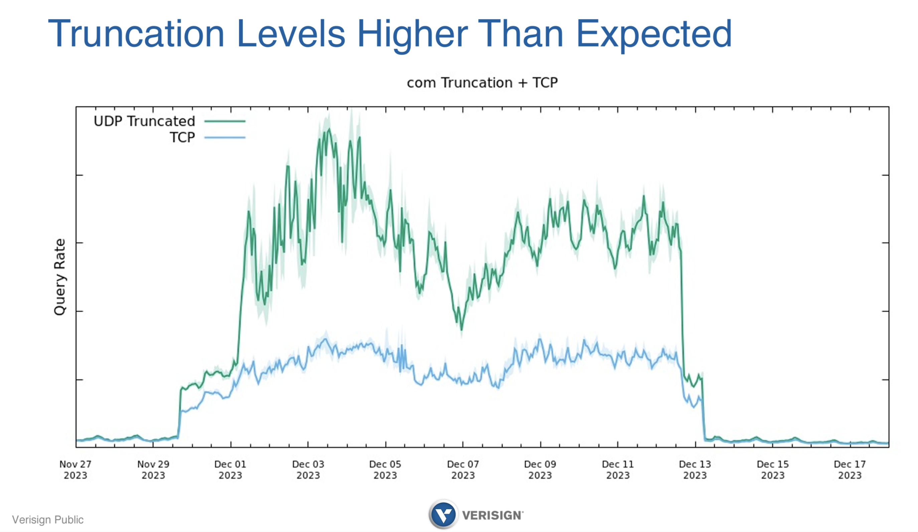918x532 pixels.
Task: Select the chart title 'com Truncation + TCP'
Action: [x=482, y=83]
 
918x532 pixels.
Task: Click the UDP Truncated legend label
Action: [x=144, y=121]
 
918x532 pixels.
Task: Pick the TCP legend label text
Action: [x=182, y=137]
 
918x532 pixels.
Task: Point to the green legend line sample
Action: [x=225, y=121]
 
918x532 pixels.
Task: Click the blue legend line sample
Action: [x=225, y=137]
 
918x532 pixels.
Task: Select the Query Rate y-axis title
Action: [x=60, y=277]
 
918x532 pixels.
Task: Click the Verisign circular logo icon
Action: [x=443, y=515]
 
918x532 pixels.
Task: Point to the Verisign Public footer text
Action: [x=48, y=519]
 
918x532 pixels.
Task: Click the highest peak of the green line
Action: [x=329, y=129]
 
